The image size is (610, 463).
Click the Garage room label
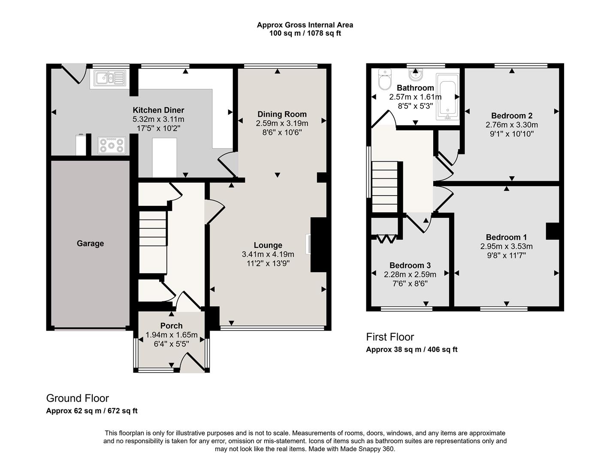click(90, 244)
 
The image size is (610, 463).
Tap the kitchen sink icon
click(110, 78)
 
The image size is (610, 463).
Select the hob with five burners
click(112, 145)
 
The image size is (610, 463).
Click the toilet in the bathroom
click(384, 79)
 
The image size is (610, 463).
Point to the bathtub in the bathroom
click(447, 97)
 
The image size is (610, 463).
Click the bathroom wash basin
click(415, 75)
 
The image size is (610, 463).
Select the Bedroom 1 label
click(506, 237)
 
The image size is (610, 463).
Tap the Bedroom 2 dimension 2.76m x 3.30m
click(511, 125)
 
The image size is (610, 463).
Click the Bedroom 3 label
click(410, 265)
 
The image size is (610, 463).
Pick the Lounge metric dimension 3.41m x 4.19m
click(268, 254)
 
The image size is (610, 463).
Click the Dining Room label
click(282, 114)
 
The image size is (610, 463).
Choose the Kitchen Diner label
click(158, 110)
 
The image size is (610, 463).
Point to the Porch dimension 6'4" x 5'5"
click(171, 344)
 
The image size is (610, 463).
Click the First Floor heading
click(390, 337)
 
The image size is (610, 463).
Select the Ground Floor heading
click(77, 398)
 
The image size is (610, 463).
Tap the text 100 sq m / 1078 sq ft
click(305, 33)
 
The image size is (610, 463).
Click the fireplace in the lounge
click(308, 244)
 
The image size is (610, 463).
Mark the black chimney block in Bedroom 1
click(552, 231)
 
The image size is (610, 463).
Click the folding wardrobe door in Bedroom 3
click(385, 238)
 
